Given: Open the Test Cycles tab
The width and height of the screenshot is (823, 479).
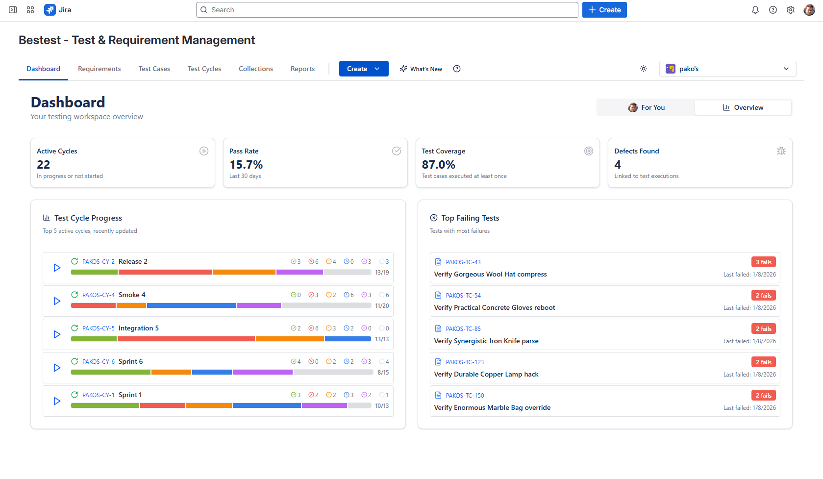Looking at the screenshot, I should click(x=204, y=69).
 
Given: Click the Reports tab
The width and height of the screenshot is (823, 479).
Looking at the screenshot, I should click(x=302, y=69).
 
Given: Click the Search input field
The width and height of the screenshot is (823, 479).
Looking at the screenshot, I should click(x=387, y=10).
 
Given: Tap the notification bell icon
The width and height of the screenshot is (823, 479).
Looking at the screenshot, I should click(x=755, y=10).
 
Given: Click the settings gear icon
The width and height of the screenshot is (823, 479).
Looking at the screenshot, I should click(x=790, y=10).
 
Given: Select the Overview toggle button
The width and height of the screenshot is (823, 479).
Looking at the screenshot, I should click(x=743, y=108).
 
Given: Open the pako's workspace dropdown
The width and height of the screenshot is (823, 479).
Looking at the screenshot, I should click(x=727, y=69).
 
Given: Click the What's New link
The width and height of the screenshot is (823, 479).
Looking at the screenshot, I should click(x=421, y=69).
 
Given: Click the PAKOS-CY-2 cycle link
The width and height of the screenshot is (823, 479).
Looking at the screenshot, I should click(x=98, y=262).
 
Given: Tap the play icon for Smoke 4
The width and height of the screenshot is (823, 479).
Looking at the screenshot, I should click(x=57, y=301).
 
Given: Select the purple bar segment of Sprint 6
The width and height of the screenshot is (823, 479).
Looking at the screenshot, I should click(x=262, y=372).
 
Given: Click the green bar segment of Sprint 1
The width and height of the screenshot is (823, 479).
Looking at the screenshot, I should click(x=105, y=405).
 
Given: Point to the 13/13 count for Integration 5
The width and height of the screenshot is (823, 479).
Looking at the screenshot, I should click(x=382, y=339).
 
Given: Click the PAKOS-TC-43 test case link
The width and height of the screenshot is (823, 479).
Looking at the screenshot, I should click(x=463, y=262).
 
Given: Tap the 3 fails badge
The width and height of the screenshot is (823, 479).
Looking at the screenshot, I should click(x=763, y=262).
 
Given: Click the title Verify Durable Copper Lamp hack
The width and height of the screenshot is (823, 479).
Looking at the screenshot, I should click(x=486, y=375).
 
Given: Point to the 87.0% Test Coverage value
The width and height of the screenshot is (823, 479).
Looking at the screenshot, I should click(x=438, y=165).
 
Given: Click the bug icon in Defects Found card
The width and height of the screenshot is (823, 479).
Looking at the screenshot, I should click(x=781, y=151).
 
